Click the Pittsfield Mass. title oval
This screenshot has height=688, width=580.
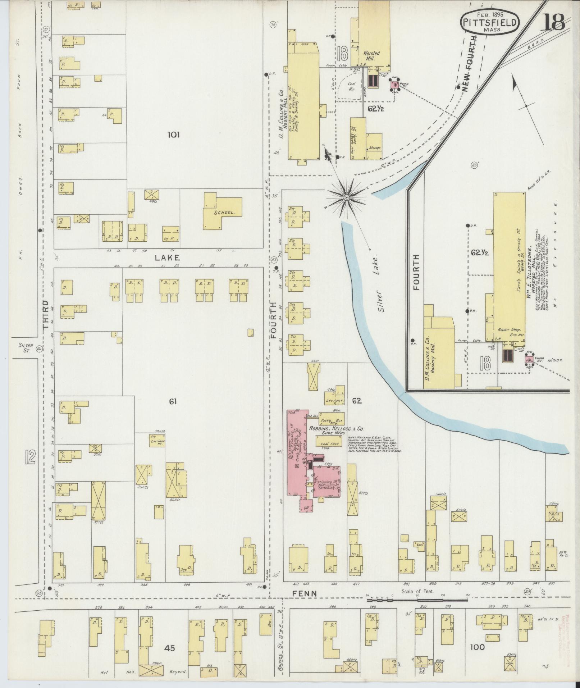tap(490, 22)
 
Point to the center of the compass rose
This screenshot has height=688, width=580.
tap(347, 197)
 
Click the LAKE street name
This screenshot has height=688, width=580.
tap(168, 258)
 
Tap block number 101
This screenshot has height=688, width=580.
tap(173, 135)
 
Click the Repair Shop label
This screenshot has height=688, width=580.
tap(507, 329)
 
